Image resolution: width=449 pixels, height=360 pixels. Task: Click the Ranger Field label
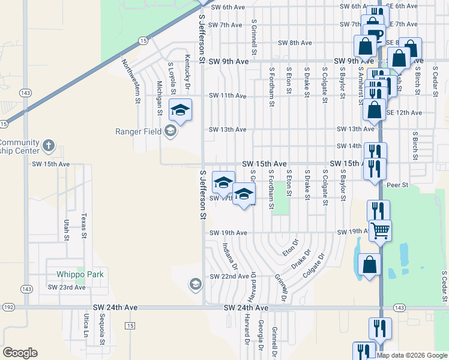(x=137, y=131)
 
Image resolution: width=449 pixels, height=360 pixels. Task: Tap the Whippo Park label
(x=80, y=274)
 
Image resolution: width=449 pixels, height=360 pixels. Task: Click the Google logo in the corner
(x=19, y=353)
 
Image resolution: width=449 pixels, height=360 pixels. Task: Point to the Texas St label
(x=85, y=225)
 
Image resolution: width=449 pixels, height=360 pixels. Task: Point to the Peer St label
(x=397, y=185)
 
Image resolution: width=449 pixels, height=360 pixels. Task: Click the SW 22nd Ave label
(x=229, y=276)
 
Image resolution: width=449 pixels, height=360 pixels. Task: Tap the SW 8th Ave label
(x=295, y=43)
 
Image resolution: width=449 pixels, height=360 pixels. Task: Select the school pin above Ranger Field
(x=180, y=110)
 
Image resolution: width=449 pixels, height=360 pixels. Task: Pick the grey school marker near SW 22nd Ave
(x=195, y=284)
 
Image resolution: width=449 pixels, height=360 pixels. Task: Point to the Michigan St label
(x=160, y=98)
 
